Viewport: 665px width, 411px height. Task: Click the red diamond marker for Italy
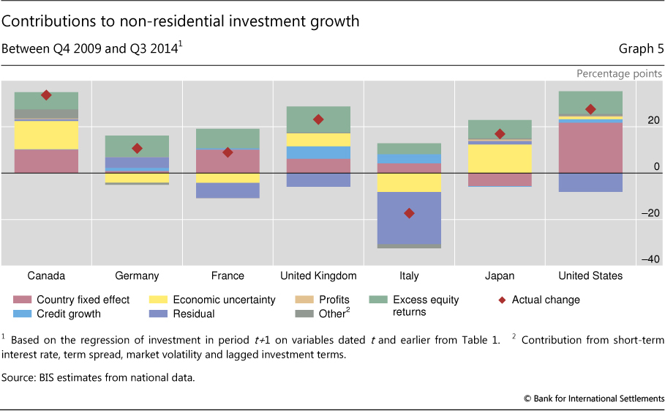click(x=409, y=213)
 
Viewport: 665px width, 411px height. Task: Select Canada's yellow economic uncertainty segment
click(x=46, y=135)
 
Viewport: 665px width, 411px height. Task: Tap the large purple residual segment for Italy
click(x=409, y=218)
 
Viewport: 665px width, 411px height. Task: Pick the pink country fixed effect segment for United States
click(x=590, y=147)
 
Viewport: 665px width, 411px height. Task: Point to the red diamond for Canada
click(x=46, y=95)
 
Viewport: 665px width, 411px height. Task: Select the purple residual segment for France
click(x=228, y=190)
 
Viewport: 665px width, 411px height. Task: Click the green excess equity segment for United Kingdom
click(x=318, y=119)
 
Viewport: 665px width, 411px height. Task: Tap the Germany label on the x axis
click(x=137, y=276)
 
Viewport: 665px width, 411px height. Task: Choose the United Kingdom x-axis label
click(x=318, y=276)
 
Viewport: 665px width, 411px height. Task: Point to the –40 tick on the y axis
click(x=650, y=259)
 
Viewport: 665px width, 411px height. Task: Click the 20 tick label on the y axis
click(x=653, y=120)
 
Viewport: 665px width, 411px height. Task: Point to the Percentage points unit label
click(x=619, y=73)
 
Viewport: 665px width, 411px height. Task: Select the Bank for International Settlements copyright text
click(x=593, y=398)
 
